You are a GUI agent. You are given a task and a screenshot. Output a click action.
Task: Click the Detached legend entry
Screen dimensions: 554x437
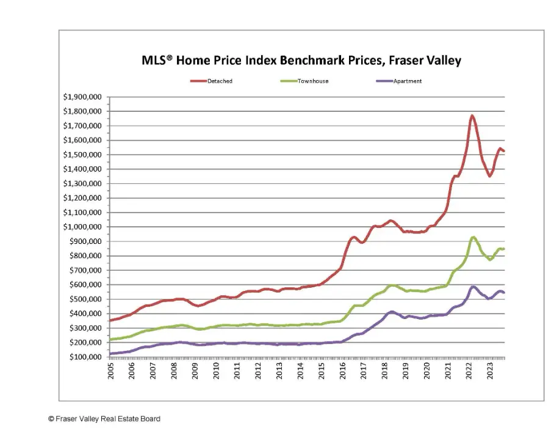(x=211, y=81)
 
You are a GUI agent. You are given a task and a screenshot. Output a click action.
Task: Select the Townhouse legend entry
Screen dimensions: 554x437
(x=304, y=81)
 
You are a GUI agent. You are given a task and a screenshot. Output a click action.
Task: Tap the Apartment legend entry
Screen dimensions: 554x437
(x=399, y=81)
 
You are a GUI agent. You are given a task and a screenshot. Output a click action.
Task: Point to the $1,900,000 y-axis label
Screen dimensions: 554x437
(x=82, y=97)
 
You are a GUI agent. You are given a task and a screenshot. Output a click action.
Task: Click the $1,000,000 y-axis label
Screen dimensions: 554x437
(x=82, y=227)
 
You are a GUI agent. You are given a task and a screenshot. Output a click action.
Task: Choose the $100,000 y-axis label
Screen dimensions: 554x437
(x=85, y=357)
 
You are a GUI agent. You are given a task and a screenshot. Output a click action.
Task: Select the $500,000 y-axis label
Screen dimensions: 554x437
(x=85, y=299)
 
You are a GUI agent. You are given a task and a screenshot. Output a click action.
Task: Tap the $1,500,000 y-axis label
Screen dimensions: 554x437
(x=82, y=155)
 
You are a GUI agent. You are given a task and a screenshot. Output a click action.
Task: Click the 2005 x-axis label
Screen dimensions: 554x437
(x=110, y=370)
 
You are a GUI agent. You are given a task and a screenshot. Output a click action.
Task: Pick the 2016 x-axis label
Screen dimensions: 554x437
(x=342, y=370)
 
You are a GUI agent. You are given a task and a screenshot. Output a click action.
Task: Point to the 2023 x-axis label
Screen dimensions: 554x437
(x=490, y=370)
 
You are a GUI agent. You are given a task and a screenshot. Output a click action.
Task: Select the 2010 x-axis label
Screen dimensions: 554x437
(x=216, y=370)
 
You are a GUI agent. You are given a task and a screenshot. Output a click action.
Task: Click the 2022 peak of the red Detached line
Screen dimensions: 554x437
(x=472, y=116)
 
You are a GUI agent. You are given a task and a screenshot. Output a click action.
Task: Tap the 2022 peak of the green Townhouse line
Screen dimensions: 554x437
(x=473, y=237)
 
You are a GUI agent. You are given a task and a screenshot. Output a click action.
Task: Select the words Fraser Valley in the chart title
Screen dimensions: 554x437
(x=425, y=61)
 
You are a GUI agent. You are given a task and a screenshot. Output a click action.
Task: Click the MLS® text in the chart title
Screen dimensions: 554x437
(x=157, y=60)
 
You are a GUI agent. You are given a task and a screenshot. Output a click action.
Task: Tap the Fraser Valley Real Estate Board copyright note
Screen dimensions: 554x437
(x=104, y=419)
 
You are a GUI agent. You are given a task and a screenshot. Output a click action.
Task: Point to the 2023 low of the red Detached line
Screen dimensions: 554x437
(x=490, y=176)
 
